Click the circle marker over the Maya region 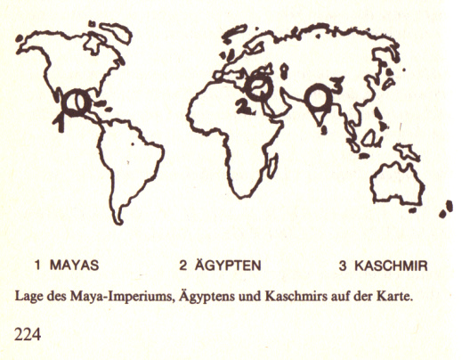75,102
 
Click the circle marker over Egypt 258,88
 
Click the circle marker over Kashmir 316,96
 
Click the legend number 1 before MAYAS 38,266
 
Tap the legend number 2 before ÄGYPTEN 182,266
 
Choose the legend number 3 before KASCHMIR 343,266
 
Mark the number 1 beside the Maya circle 61,120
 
